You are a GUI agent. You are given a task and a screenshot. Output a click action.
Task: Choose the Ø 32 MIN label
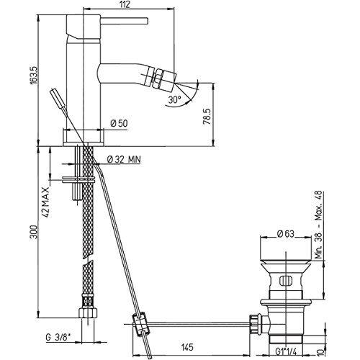coord(125,158)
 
